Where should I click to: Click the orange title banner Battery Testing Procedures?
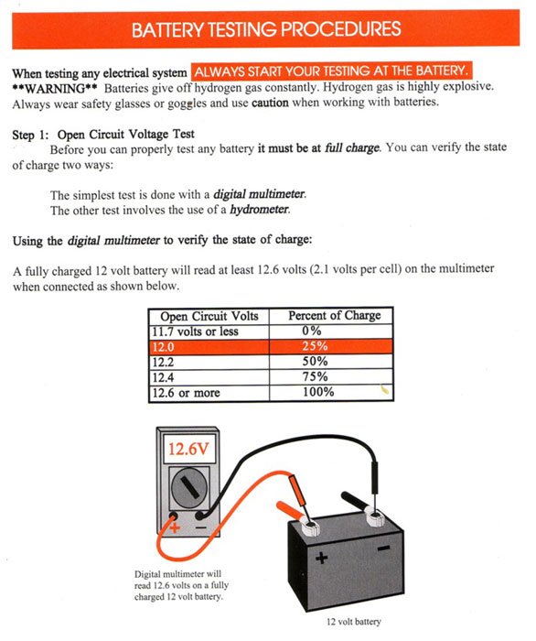coord(267,29)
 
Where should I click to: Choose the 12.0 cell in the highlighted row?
coord(165,346)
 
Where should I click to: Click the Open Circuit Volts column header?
coord(209,316)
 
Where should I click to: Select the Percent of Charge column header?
coord(335,316)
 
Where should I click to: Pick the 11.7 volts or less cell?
coord(195,331)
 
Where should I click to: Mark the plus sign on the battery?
coord(321,557)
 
